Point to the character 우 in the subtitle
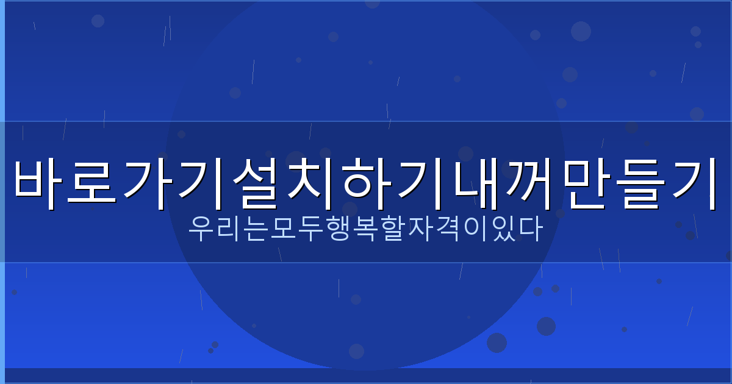coord(201,229)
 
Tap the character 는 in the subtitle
coord(256,229)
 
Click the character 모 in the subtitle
coord(284,229)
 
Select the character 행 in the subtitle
coord(338,229)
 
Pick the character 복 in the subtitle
coord(365,229)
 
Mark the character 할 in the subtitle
coord(393,229)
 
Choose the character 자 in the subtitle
coord(420,229)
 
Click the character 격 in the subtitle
coord(448,229)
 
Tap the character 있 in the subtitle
coord(502,229)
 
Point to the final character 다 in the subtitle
coord(529,229)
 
